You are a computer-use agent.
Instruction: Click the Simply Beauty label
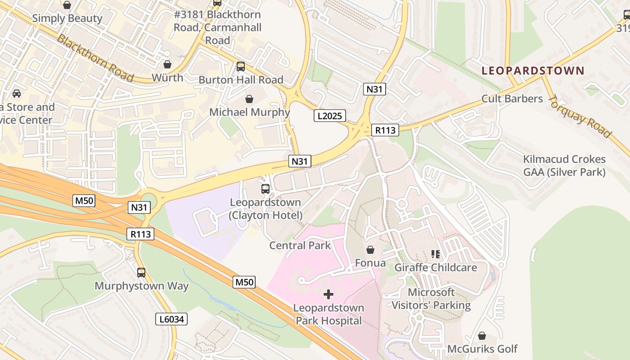pos(67,18)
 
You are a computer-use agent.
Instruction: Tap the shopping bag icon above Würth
pos(167,64)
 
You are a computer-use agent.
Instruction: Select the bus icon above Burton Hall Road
pos(241,67)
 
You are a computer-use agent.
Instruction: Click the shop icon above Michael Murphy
pos(249,99)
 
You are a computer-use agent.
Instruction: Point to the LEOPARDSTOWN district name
pos(533,71)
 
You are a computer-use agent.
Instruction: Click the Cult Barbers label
pos(512,99)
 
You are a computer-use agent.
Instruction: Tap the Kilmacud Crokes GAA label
pos(564,166)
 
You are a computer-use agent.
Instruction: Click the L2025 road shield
pos(329,116)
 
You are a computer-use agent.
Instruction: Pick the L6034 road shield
pos(171,319)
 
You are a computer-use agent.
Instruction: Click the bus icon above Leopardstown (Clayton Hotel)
pos(265,189)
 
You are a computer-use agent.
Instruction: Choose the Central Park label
pos(300,245)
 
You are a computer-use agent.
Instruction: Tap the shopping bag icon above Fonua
pos(370,250)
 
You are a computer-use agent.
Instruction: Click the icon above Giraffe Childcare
pos(435,254)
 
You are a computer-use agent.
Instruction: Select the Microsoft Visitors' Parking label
pos(431,299)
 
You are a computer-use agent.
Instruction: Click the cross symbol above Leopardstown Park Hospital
pos(328,295)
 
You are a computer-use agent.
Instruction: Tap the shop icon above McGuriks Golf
pos(482,336)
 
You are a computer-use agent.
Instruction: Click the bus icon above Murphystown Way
pos(141,273)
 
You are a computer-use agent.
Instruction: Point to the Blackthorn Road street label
pos(95,58)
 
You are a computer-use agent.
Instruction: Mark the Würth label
pos(167,77)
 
